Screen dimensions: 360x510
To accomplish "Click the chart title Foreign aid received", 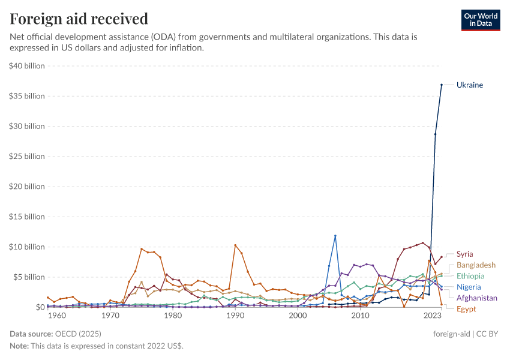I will tap(79, 19).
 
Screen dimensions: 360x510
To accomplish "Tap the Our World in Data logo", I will tap(480, 20).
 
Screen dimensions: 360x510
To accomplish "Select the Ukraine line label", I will tap(469, 85).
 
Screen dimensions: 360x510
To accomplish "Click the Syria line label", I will tap(464, 254).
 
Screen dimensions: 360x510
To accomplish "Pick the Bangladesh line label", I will tap(476, 265).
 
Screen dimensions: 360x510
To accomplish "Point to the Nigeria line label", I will tap(469, 287).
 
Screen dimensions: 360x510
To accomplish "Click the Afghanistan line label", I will tap(477, 298).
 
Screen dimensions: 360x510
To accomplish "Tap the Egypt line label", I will tap(466, 308).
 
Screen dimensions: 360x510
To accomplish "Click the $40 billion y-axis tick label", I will tap(27, 66).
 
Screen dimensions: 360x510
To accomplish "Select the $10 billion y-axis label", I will tap(27, 247).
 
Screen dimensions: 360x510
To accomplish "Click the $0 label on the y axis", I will tap(40, 307).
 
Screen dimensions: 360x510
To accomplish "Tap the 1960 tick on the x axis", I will tap(56, 316).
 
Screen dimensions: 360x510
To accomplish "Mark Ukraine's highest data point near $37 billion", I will tap(442, 85).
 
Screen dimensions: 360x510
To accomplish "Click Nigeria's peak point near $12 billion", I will tap(335, 236).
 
